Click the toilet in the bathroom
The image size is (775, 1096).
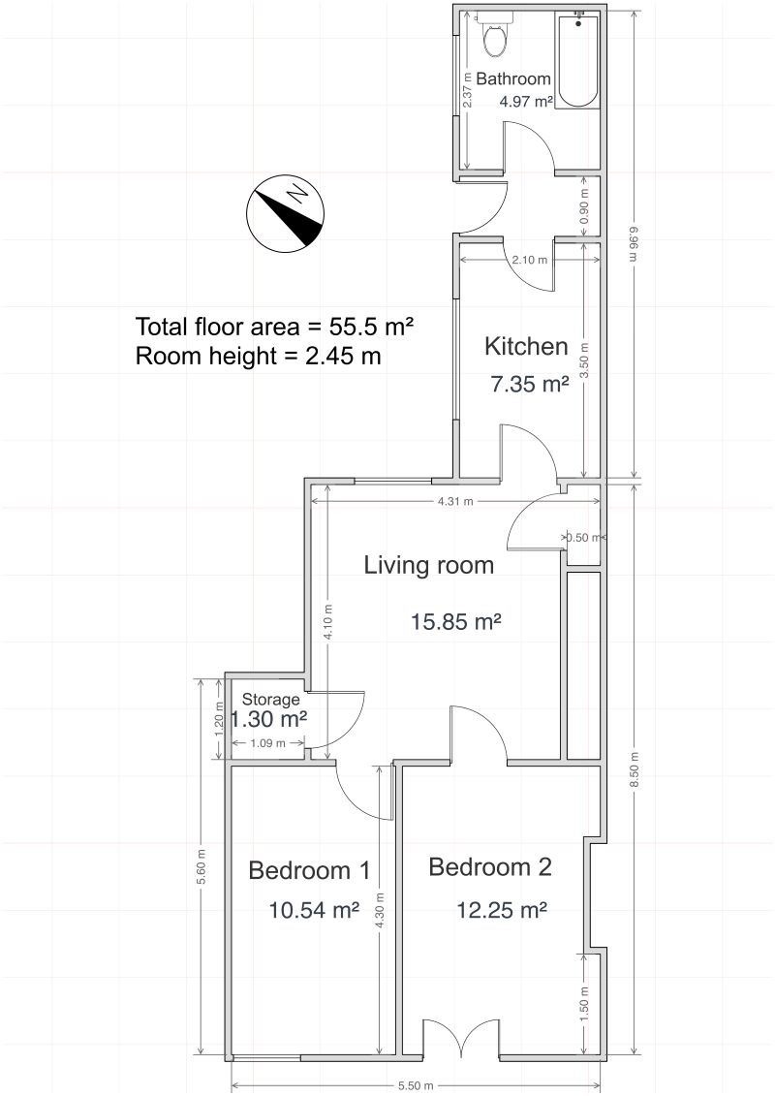coord(495,34)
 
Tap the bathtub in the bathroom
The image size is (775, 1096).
coord(578,59)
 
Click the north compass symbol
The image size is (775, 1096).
coord(283,213)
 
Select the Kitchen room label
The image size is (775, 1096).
coord(526,347)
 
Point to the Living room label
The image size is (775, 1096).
coord(428,565)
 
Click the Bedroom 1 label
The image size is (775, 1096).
coord(309,870)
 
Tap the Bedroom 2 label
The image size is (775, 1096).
coord(490,866)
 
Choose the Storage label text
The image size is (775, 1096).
coord(271,700)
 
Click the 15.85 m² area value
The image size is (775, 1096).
coord(455,621)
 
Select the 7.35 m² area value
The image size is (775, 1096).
coord(530,384)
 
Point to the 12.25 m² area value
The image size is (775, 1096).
coord(502,910)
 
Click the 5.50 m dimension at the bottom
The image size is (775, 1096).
coord(416,1085)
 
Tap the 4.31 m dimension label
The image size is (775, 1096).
coord(455,500)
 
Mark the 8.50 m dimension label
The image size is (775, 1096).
coord(634,769)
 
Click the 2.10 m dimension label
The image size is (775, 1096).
coord(530,260)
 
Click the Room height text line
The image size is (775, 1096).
coord(258,356)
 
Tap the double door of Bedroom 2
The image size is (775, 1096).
coord(461,1038)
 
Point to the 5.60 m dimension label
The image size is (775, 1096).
coord(201,866)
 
